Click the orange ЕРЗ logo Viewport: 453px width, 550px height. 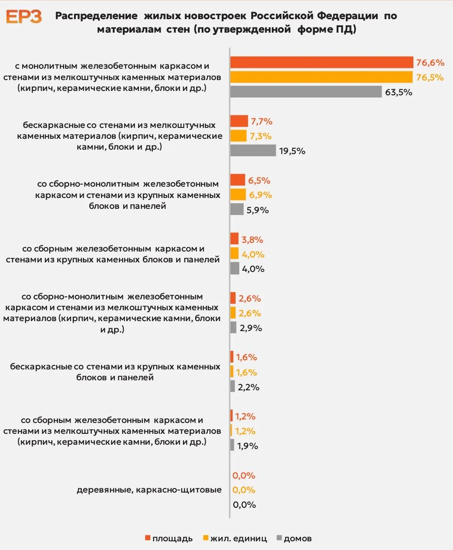tap(24, 17)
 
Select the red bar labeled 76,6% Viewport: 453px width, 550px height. tap(321, 62)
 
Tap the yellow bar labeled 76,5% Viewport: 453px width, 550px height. tap(321, 77)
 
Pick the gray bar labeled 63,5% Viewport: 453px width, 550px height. tap(306, 92)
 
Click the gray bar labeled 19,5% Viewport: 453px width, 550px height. tap(253, 151)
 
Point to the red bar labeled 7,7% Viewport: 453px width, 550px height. tap(239, 121)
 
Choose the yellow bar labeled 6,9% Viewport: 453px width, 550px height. tap(238, 195)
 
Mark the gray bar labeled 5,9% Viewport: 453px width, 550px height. tap(237, 209)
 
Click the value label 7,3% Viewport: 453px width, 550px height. tap(260, 136)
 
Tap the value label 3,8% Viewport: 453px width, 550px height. tap(252, 240)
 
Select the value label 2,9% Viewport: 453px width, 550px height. tap(251, 328)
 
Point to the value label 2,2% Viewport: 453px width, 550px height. tap(249, 387)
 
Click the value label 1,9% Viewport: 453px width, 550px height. tap(247, 446)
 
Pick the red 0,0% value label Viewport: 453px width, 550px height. tap(244, 476)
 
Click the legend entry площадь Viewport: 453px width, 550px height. tap(169, 539)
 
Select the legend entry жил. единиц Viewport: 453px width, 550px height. tap(235, 539)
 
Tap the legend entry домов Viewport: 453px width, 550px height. tap(294, 539)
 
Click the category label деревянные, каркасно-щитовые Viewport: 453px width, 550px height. tap(149, 490)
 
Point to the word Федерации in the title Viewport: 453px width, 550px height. tap(348, 16)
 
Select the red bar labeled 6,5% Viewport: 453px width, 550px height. tap(237, 180)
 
